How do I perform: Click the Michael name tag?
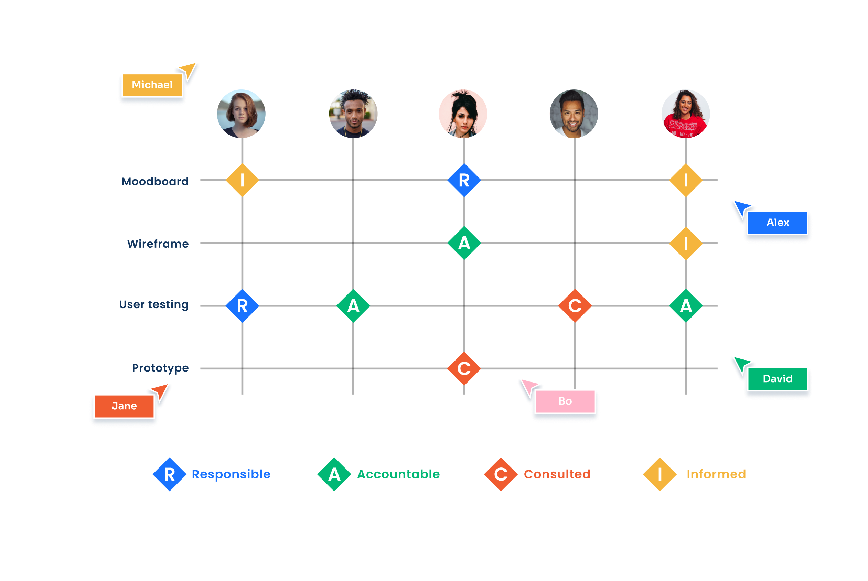[152, 85]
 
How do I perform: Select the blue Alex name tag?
[777, 223]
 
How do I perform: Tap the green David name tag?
[777, 379]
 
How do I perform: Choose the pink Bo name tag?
[565, 401]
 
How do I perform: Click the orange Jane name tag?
[124, 406]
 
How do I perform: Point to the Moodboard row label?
[155, 182]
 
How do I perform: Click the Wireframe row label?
[158, 244]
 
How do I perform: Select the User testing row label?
[154, 304]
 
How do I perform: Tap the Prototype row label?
[160, 368]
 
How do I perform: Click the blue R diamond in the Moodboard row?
[464, 181]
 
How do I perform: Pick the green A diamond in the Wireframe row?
[464, 243]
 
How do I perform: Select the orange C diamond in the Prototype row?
[464, 369]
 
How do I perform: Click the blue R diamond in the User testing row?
[243, 306]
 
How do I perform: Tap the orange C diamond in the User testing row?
[575, 306]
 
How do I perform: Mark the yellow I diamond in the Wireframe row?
[686, 244]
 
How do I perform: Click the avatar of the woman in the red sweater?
[686, 114]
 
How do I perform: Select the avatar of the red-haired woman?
[241, 114]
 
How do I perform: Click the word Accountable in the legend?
[398, 474]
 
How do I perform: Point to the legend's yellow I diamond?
[660, 474]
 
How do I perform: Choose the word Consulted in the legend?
[557, 474]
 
